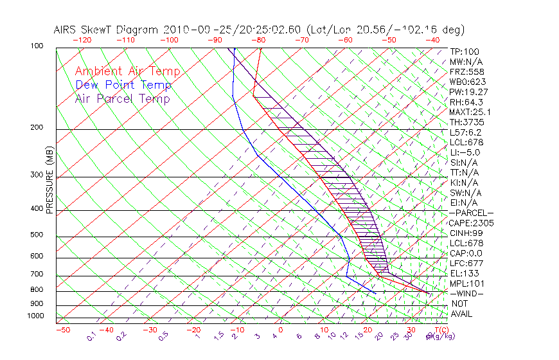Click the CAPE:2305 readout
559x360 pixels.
click(x=471, y=223)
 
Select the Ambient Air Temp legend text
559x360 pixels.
click(x=127, y=71)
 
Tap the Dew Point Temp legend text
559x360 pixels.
click(x=123, y=85)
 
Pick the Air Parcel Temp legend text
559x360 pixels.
click(x=122, y=98)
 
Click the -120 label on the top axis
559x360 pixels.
click(x=82, y=39)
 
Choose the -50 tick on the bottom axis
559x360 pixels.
click(x=62, y=330)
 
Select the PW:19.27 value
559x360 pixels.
click(x=468, y=92)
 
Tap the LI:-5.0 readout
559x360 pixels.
click(x=465, y=152)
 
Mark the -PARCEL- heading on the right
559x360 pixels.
click(x=471, y=213)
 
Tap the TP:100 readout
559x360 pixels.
click(x=464, y=51)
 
